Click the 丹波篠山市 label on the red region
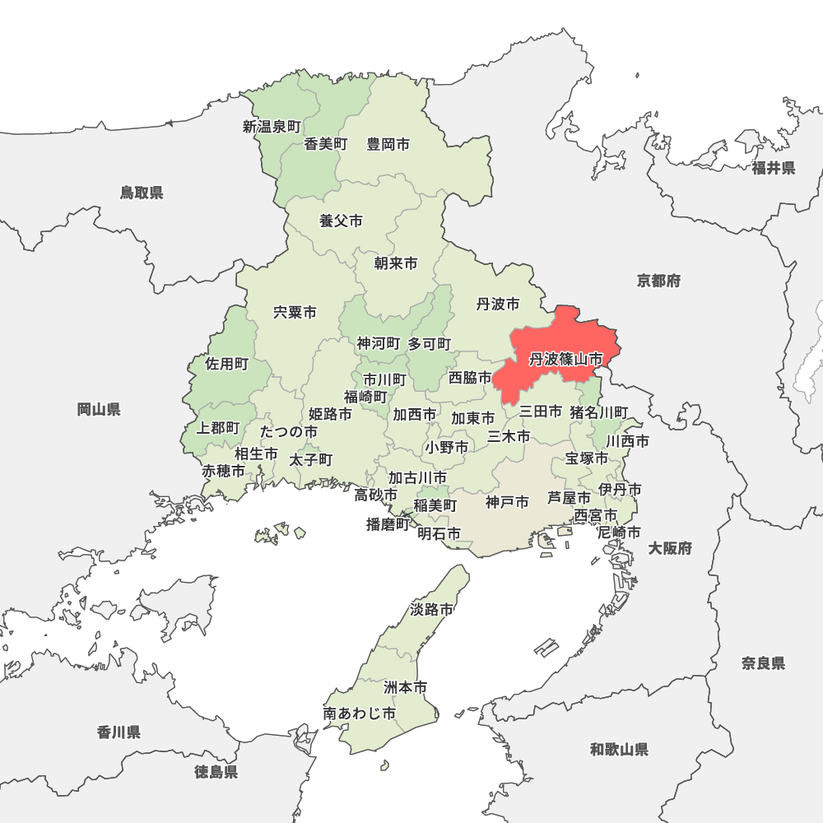pos(565,360)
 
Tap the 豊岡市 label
pos(388,145)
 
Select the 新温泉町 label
pos(272,127)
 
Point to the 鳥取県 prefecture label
pos(142,193)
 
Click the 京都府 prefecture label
pos(658,281)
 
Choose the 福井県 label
pos(773,169)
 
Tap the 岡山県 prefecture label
pos(99,409)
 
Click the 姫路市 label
pos(330,413)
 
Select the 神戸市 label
pos(507,502)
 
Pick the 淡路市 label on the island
pos(431,610)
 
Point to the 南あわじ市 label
pos(360,714)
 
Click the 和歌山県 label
pos(619,749)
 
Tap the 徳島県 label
pos(216,772)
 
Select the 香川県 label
pos(119,732)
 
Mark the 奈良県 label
pos(763,663)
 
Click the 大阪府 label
pos(670,548)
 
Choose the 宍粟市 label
pos(295,313)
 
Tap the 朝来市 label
pos(395,263)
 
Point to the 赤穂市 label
pos(224,472)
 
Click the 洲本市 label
pos(406,686)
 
